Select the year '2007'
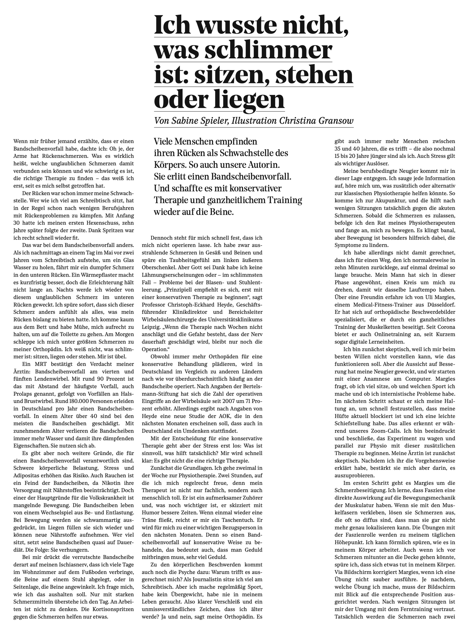coord(227,401)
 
